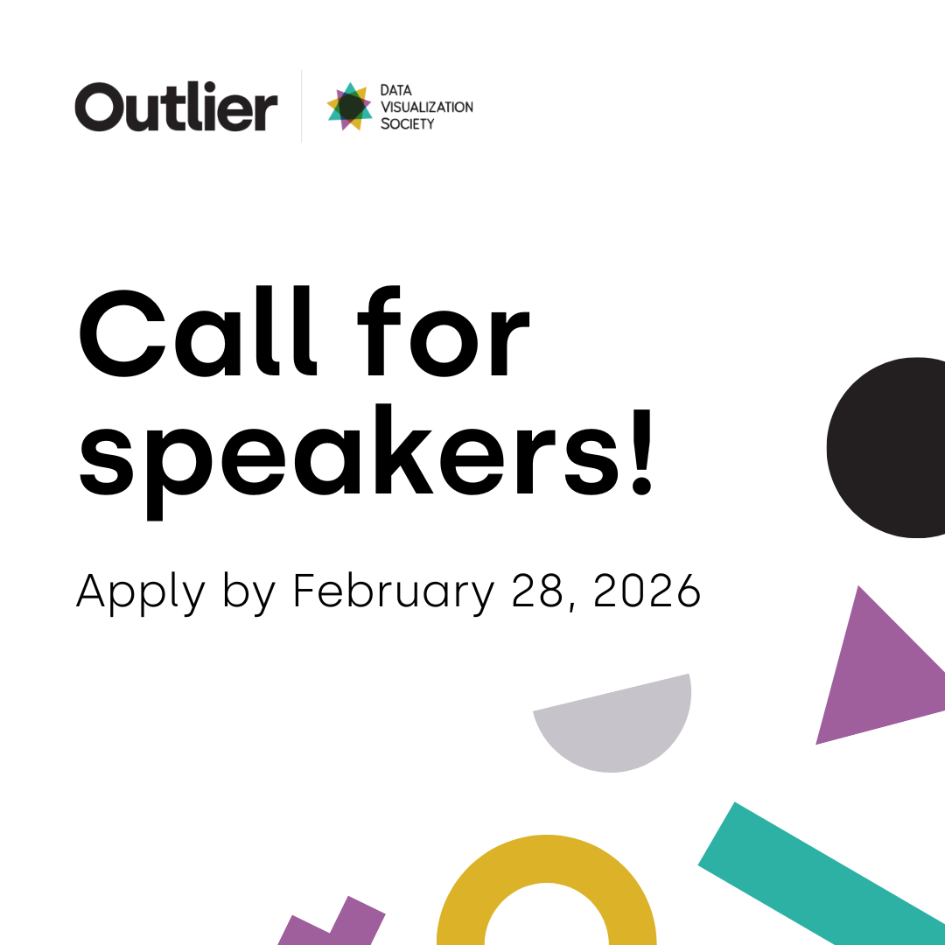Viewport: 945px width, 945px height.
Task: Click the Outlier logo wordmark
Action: click(176, 107)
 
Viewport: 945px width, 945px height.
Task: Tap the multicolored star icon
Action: click(349, 107)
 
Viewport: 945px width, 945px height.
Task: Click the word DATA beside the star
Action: click(396, 90)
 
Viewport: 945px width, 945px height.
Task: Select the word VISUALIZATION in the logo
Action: click(427, 108)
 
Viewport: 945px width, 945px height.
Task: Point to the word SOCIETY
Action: click(408, 124)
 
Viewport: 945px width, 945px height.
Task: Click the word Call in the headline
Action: click(198, 331)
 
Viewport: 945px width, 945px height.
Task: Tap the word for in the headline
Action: click(444, 331)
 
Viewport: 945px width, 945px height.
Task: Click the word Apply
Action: click(140, 593)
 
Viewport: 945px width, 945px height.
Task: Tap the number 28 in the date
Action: click(537, 591)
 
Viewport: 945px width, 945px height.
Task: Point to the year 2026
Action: click(647, 591)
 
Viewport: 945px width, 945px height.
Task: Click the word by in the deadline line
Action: click(248, 593)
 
